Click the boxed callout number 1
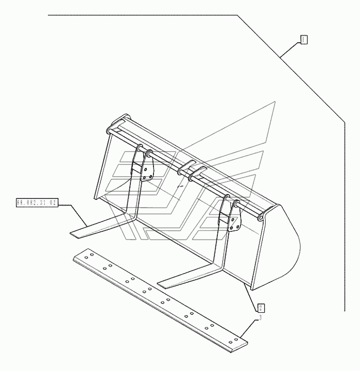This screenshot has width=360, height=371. [x=304, y=39]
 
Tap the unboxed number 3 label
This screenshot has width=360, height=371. [x=260, y=318]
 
